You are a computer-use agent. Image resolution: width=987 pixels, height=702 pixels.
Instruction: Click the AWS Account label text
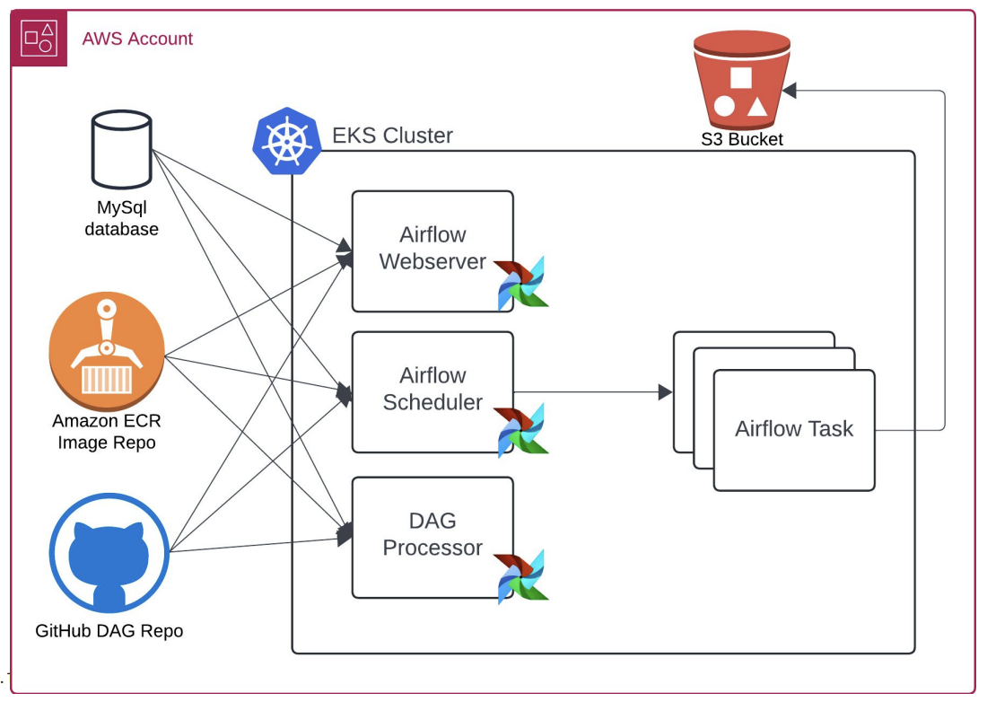(x=137, y=39)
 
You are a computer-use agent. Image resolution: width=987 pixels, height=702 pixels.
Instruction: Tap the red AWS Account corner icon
(x=39, y=38)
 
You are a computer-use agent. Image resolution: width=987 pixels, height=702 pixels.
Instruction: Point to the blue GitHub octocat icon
(x=109, y=551)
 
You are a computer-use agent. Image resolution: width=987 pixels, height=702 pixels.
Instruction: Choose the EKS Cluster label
(x=392, y=136)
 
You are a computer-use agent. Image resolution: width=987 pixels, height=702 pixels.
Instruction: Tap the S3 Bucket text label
(x=742, y=139)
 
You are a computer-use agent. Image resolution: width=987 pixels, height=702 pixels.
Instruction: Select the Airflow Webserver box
(x=432, y=250)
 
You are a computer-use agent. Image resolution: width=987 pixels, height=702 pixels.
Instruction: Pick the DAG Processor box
(x=432, y=536)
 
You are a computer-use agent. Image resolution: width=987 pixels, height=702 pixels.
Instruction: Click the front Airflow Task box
(x=794, y=430)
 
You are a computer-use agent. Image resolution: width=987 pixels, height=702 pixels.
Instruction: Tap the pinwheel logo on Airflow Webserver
(x=522, y=284)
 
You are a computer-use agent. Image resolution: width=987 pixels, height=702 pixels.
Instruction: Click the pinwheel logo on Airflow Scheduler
(x=522, y=430)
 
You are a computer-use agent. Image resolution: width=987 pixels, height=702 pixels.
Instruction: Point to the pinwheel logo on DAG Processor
(x=522, y=575)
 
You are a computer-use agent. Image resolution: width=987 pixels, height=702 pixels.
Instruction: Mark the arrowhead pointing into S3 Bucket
(x=790, y=91)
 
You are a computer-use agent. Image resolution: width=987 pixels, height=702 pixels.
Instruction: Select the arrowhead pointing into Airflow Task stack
(x=665, y=392)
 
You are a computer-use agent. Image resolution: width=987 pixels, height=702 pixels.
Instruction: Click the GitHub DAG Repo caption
(x=109, y=631)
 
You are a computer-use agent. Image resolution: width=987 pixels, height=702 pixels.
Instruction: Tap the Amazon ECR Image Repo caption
(x=107, y=431)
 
